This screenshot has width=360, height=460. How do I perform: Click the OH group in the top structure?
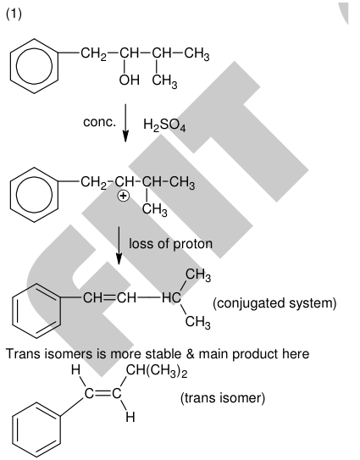pos(129,80)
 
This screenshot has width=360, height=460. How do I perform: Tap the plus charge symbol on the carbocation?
pos(123,196)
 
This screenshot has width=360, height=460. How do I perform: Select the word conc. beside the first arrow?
pos(99,122)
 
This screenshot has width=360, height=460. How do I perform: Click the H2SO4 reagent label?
pos(164,125)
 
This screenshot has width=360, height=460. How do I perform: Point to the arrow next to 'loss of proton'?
pos(119,246)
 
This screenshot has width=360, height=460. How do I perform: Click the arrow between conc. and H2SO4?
pos(125,123)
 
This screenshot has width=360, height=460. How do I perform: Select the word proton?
pos(192,244)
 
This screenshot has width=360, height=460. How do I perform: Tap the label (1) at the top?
pos(14,14)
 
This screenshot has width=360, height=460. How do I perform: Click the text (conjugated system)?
pos(274,303)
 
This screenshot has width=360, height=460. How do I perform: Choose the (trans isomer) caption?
pos(223,398)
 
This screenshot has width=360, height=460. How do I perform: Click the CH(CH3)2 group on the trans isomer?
pos(157,371)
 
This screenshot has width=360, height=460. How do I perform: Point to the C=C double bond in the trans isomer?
pos(103,393)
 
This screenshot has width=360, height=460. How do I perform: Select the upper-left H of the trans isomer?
pos(75,370)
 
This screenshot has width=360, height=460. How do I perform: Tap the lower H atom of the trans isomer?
pos(130,417)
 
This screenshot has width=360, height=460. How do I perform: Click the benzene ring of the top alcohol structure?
pos(34,66)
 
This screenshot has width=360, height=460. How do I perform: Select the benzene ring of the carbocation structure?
pos(34,195)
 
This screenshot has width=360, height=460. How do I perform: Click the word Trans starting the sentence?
pos(23,354)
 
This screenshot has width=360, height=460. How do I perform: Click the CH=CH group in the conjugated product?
pos(110,298)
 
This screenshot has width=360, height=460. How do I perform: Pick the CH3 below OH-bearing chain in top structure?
pos(164,81)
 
